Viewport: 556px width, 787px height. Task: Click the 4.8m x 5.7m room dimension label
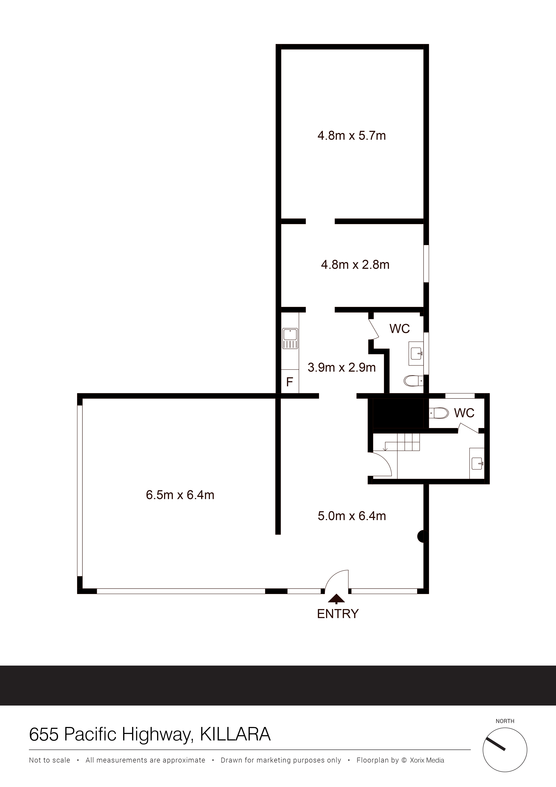point(351,136)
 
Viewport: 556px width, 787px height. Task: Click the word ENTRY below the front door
point(338,614)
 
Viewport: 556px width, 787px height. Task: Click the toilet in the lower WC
point(439,413)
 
